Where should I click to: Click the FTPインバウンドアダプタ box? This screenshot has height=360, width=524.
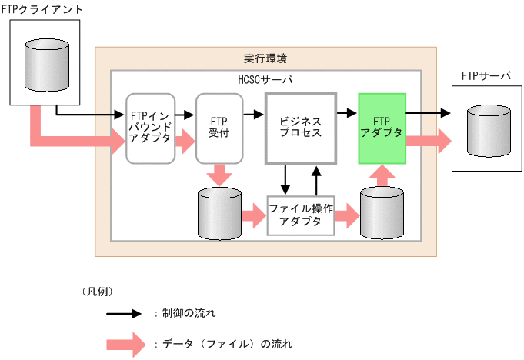tap(151, 128)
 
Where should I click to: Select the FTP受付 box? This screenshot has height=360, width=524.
tap(219, 128)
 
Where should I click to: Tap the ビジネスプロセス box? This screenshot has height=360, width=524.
tap(300, 128)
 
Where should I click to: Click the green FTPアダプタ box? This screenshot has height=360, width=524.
tap(382, 128)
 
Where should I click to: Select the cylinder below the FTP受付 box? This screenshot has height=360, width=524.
tap(219, 213)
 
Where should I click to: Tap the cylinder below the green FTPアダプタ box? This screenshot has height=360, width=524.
tap(382, 213)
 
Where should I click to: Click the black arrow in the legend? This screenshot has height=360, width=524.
tap(124, 314)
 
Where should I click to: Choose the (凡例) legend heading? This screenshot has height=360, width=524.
tap(98, 292)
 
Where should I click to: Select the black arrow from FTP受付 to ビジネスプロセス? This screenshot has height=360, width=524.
tap(252, 114)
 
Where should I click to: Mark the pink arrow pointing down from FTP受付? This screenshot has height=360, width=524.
tap(219, 175)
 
